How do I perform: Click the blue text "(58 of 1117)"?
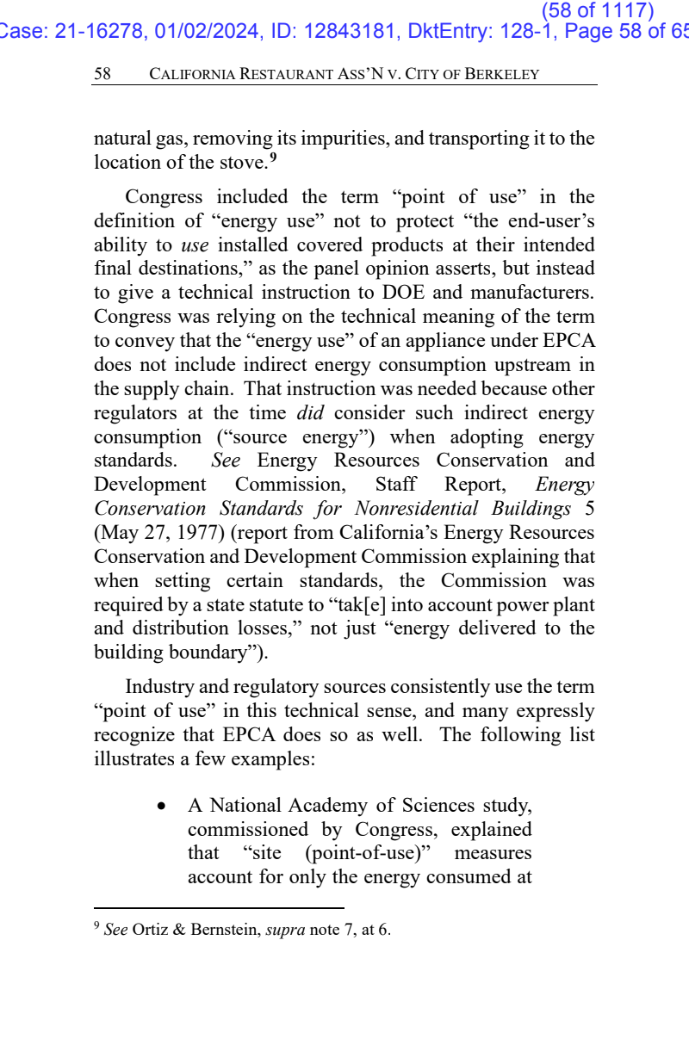point(598,10)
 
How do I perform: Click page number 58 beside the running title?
point(102,74)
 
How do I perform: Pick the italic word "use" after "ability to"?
point(195,245)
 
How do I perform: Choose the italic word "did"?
point(310,412)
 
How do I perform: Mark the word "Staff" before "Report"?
point(395,485)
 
